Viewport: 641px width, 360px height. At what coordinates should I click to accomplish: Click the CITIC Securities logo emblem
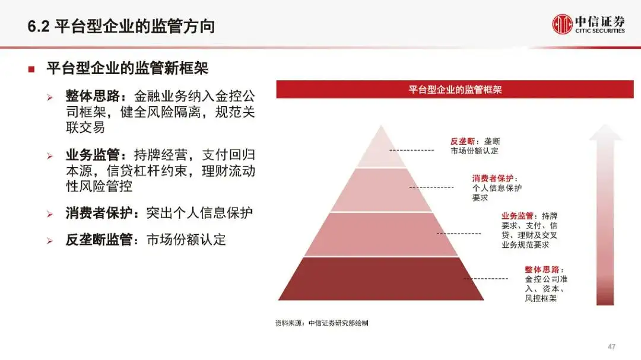coord(562,24)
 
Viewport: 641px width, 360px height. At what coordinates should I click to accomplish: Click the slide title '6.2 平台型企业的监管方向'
coord(121,27)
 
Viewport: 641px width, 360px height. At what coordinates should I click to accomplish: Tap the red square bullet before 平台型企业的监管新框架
coord(31,69)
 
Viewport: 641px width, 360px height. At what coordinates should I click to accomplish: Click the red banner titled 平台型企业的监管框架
coord(455,90)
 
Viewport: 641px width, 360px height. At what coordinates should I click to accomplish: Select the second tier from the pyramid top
coord(380,190)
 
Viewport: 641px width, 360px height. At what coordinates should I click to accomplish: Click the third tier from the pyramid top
coord(380,234)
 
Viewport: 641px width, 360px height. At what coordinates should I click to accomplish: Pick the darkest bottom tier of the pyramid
coord(380,278)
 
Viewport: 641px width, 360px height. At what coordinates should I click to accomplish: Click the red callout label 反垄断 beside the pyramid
coord(461,142)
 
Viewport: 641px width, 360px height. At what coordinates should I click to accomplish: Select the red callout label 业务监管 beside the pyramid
coord(517,216)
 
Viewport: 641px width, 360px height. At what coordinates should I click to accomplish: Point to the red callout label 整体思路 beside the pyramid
coord(540,269)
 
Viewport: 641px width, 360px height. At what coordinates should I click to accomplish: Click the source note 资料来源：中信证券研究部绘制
coord(322,323)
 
